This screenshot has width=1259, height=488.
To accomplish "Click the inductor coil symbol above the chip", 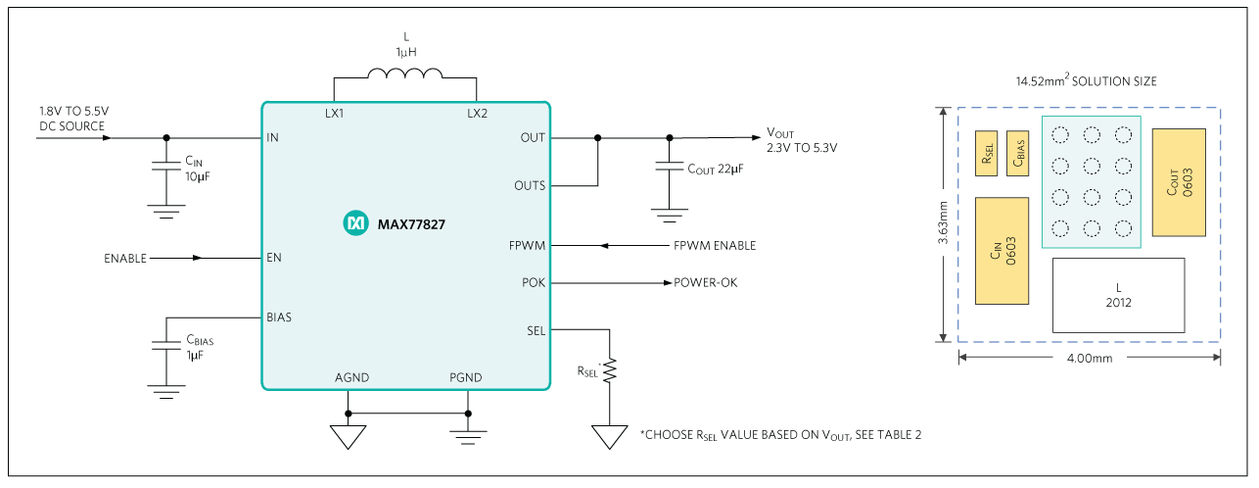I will tap(403, 73).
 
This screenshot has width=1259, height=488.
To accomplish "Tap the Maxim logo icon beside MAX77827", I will tap(352, 224).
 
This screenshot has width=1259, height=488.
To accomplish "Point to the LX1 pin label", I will tap(334, 114).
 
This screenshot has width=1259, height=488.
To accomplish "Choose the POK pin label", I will tap(534, 282).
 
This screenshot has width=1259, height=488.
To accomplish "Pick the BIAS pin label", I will tap(279, 317).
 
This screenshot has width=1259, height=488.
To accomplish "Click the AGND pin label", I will tap(351, 377).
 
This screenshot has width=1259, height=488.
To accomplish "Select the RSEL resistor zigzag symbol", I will tap(610, 370).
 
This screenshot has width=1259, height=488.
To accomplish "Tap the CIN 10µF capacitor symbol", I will tap(165, 169).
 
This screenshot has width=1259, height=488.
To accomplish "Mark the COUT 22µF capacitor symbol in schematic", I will tap(670, 170).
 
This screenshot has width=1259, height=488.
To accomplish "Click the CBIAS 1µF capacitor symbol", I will tap(165, 348).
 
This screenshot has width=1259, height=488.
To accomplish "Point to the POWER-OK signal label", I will tap(705, 282).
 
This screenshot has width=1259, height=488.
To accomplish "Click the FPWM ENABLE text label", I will tap(714, 246).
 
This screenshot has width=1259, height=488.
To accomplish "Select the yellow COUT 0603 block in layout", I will tap(1178, 182).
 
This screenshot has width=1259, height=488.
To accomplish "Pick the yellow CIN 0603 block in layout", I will tap(1002, 251).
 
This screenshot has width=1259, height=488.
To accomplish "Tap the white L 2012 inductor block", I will tap(1118, 295).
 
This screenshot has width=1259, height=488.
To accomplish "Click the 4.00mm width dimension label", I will tap(1089, 359).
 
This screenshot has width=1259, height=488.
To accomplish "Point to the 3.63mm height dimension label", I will tap(942, 224).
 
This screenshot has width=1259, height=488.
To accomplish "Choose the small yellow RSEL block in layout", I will tap(986, 154).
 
